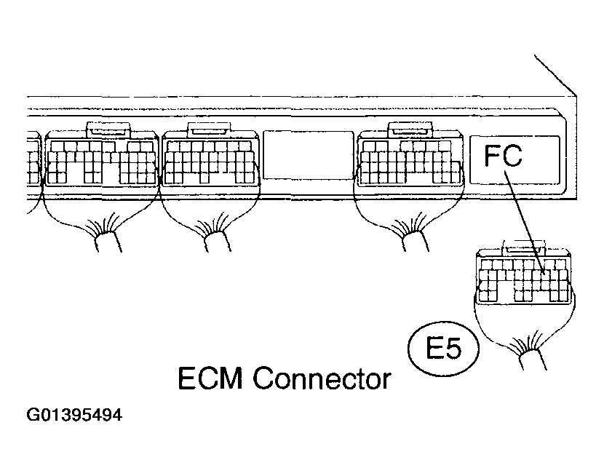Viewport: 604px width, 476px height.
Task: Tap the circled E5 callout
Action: click(444, 349)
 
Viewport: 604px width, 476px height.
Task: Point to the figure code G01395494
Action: click(73, 417)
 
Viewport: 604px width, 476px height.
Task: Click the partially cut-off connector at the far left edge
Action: click(31, 160)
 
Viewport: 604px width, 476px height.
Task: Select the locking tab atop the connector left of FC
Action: click(410, 130)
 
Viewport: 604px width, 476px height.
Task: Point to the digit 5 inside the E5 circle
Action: click(453, 349)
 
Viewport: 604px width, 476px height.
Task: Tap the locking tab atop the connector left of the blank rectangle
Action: click(210, 130)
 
